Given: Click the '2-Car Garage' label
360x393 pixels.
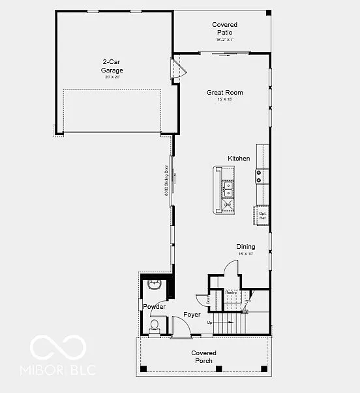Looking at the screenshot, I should tap(112, 67).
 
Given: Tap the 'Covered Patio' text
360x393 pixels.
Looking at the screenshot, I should tap(224, 28).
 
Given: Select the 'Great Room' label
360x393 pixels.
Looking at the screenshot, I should tap(224, 93).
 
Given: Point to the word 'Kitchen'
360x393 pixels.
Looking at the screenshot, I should tap(239, 159).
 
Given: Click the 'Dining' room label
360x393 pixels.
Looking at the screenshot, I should tap(246, 247).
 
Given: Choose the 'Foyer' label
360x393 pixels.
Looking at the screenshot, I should tap(192, 315).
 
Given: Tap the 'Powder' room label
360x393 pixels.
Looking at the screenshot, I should tap(154, 306).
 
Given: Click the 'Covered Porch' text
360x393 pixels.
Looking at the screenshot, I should tap(203, 356).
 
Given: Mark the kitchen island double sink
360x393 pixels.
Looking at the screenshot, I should tap(228, 189).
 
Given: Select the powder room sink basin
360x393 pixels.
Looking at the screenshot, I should tap(155, 285).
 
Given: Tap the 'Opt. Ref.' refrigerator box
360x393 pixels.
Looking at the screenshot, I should tap(262, 215).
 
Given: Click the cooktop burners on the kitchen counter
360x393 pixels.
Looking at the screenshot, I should tap(260, 176).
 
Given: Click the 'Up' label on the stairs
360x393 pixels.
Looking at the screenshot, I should tap(209, 322).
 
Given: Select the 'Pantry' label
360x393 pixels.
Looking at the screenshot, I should tap(230, 292).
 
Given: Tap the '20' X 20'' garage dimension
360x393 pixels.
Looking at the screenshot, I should tap(112, 77).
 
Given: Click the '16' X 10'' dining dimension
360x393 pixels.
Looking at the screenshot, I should tap(246, 253).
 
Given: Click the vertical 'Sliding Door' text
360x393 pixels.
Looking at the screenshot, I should tap(166, 183).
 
